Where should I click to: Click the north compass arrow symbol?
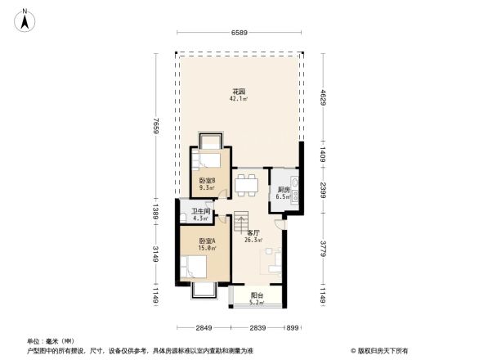click(x=26, y=20)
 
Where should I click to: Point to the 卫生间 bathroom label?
click(x=201, y=215)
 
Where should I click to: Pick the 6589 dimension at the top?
click(x=239, y=33)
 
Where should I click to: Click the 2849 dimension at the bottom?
click(x=204, y=328)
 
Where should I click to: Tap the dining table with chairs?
click(x=246, y=184)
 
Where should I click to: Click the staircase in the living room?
click(x=241, y=221)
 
